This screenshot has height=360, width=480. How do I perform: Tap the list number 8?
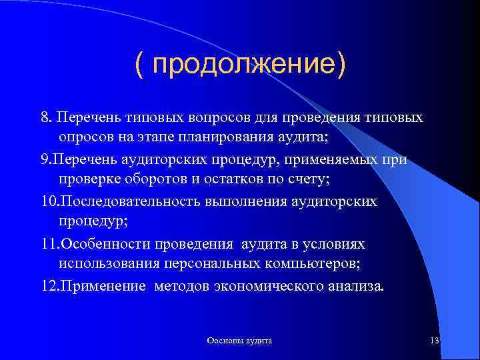click(x=45, y=117)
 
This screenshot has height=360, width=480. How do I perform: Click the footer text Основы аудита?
click(x=239, y=341)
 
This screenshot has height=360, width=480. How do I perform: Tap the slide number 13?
click(x=435, y=341)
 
